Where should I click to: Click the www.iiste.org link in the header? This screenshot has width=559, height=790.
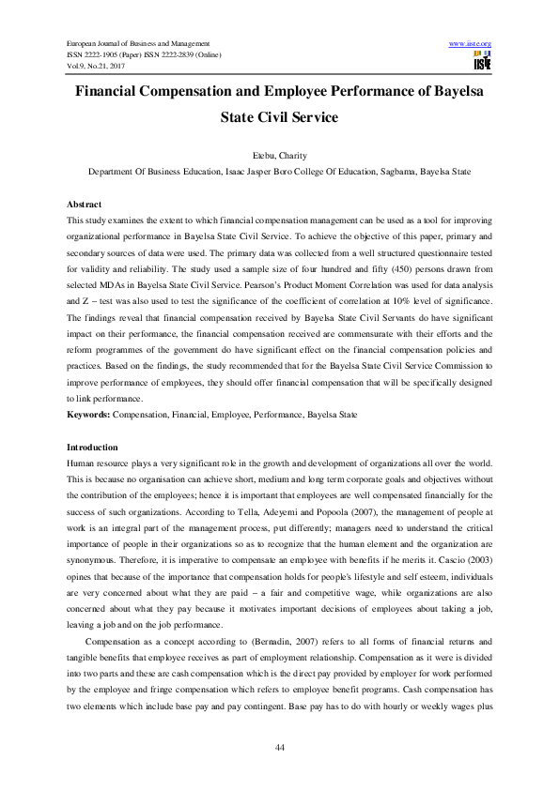click(x=471, y=44)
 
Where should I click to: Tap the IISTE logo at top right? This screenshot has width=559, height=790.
click(x=482, y=62)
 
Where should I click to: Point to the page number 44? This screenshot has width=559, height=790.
click(x=279, y=746)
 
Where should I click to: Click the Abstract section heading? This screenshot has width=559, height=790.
click(x=85, y=204)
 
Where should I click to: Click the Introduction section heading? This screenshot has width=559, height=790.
click(x=92, y=448)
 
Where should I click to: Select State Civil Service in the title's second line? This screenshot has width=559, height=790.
click(x=279, y=119)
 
